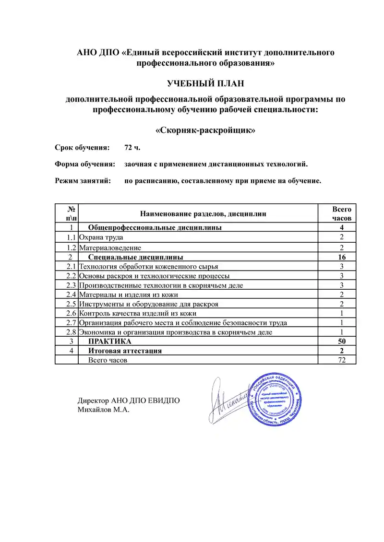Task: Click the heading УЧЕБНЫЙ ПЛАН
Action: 205,84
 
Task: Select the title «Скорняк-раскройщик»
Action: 205,130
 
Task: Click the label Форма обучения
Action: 85,165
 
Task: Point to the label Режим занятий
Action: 83,181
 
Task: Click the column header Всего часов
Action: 342,213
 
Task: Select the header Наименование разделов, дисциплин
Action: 203,213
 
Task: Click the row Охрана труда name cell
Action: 101,237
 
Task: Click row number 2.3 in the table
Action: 72,285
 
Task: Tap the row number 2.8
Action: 72,332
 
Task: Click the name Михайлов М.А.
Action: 104,410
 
